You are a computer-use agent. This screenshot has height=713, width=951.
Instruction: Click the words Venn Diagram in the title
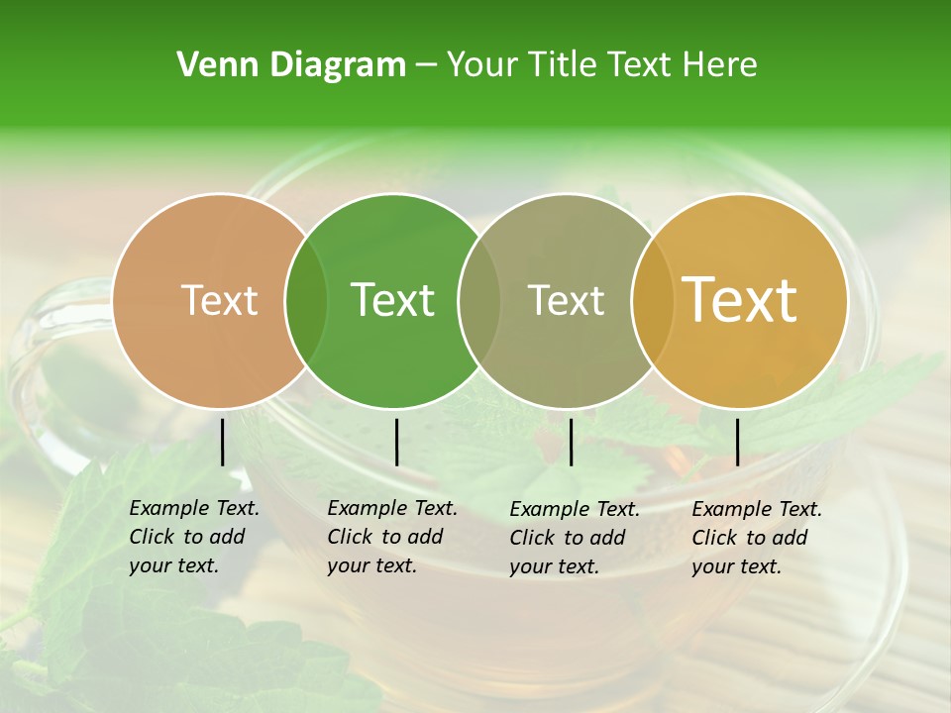pos(291,65)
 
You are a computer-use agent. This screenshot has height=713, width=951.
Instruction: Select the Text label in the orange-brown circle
pos(220,300)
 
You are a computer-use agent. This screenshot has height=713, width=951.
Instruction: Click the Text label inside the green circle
pos(393,300)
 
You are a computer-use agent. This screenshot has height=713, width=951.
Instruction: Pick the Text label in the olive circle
pos(566,300)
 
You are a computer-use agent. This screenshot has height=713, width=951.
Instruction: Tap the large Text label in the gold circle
pos(740,300)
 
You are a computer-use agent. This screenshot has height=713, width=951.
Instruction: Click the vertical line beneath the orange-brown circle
pos(223,442)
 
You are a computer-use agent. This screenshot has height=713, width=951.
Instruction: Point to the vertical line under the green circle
pos(396,442)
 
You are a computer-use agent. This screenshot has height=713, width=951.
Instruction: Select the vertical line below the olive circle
pos(571,442)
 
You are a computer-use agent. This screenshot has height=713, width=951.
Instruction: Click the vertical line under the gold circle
pos(738,442)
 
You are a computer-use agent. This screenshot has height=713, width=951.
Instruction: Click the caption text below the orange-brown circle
pos(194,538)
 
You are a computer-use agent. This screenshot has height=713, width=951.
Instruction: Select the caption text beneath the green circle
pos(392,538)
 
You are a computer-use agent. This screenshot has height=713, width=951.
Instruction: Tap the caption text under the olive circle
pos(575,538)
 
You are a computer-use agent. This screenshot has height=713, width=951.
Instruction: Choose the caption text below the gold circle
pos(757,538)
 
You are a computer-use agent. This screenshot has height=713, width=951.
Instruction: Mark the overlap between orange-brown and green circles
pos(306,300)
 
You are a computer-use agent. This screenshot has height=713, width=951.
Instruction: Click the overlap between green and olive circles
pos(479,300)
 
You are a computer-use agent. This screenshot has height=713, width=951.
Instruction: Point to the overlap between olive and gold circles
pos(652,300)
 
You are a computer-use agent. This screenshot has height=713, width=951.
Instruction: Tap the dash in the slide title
pos(426,65)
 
